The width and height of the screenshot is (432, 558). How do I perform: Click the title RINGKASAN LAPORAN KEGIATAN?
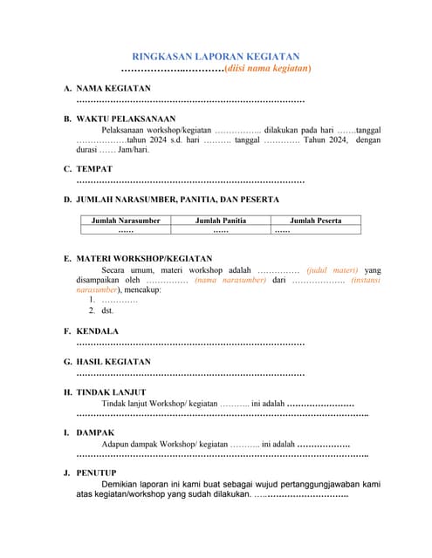click(216, 54)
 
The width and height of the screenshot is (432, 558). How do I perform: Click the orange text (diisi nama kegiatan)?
click(267, 67)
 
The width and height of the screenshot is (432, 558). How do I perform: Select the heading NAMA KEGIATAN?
click(113, 89)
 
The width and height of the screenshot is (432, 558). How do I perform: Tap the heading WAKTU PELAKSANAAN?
click(126, 118)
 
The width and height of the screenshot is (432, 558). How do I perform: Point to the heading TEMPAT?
click(94, 168)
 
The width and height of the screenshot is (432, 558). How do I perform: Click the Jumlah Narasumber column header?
click(126, 221)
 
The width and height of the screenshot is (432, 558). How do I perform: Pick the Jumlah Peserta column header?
click(315, 221)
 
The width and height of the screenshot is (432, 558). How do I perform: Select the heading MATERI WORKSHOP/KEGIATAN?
click(144, 259)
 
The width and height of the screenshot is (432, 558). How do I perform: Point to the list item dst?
click(108, 310)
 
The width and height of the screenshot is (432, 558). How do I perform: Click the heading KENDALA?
click(98, 331)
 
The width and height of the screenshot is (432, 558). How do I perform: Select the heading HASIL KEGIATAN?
click(113, 361)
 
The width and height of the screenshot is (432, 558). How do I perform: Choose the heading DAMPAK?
click(95, 432)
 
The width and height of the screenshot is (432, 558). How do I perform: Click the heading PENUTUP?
click(97, 473)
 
